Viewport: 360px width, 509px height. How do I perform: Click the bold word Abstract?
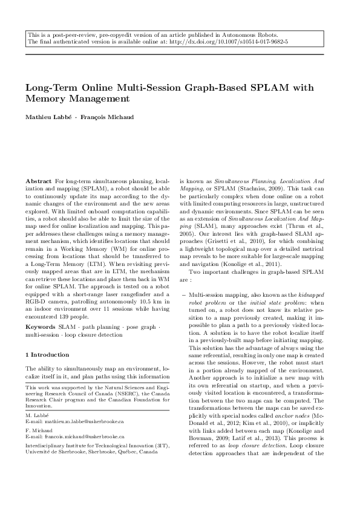[x=39, y=181]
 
